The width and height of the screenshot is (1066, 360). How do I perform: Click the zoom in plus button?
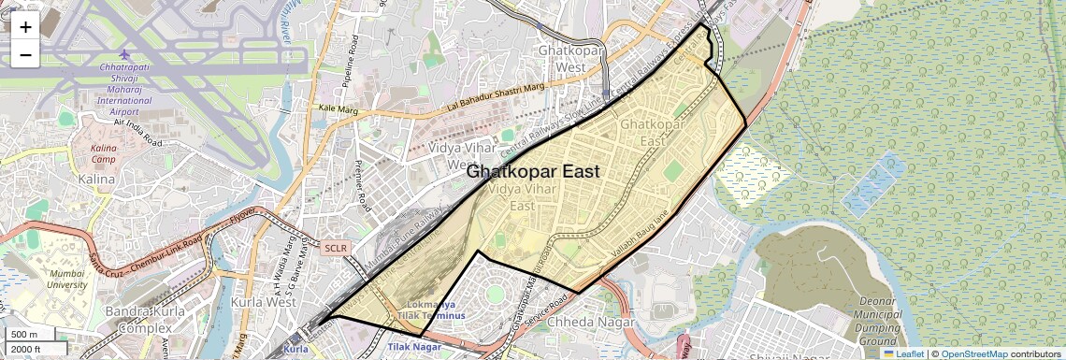tap(25, 27)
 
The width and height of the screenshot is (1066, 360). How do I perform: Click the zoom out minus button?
tap(25, 55)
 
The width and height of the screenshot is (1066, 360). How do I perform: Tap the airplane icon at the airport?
tap(125, 53)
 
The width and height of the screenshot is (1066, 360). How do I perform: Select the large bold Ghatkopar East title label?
tap(532, 172)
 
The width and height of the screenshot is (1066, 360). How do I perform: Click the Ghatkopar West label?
tap(566, 59)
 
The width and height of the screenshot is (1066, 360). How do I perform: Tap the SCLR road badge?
tap(335, 249)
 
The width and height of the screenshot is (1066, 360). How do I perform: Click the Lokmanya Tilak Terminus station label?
tap(431, 310)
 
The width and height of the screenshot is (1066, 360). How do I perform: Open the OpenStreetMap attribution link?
tap(973, 353)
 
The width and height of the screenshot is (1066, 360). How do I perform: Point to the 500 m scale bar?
tap(24, 335)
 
